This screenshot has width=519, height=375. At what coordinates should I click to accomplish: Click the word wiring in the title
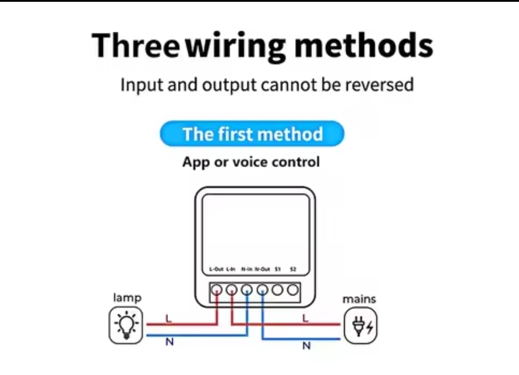(236, 46)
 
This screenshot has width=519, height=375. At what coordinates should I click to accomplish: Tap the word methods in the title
(363, 45)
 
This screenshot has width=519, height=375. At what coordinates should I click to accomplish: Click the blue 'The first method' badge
(252, 134)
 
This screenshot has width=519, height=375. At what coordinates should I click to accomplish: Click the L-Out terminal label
(216, 269)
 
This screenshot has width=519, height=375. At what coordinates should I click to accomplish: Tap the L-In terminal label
(231, 269)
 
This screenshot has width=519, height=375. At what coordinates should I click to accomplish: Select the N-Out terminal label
(262, 269)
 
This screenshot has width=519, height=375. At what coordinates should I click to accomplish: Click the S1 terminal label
(278, 269)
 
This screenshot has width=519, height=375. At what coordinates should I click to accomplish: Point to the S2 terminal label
(293, 269)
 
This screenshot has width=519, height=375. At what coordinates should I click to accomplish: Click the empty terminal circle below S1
(278, 290)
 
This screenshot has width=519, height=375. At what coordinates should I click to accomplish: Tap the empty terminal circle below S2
(293, 290)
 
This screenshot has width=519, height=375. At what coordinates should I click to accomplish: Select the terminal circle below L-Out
(217, 290)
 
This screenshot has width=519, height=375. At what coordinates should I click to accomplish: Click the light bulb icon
(126, 325)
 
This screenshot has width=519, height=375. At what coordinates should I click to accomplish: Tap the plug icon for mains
(360, 326)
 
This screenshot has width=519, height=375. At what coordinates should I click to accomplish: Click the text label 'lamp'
(127, 298)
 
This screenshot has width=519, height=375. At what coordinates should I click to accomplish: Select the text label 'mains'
(359, 299)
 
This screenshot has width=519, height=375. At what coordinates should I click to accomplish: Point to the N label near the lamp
(169, 342)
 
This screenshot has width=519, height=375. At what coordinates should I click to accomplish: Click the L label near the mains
(306, 318)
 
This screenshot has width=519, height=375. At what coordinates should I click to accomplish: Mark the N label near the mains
(306, 346)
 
